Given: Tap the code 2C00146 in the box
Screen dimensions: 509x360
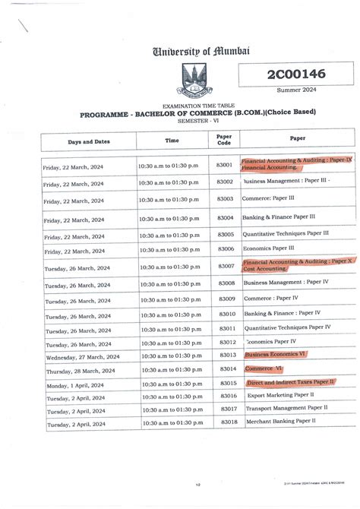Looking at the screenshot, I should pos(286,74).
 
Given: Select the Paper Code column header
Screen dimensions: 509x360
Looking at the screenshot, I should pos(225,140).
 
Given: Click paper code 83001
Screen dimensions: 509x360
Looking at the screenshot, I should pos(225,165).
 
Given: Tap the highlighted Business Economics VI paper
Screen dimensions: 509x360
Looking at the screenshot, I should pos(275,355).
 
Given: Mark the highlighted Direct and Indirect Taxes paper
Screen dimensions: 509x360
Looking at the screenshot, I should pos(291,382).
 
